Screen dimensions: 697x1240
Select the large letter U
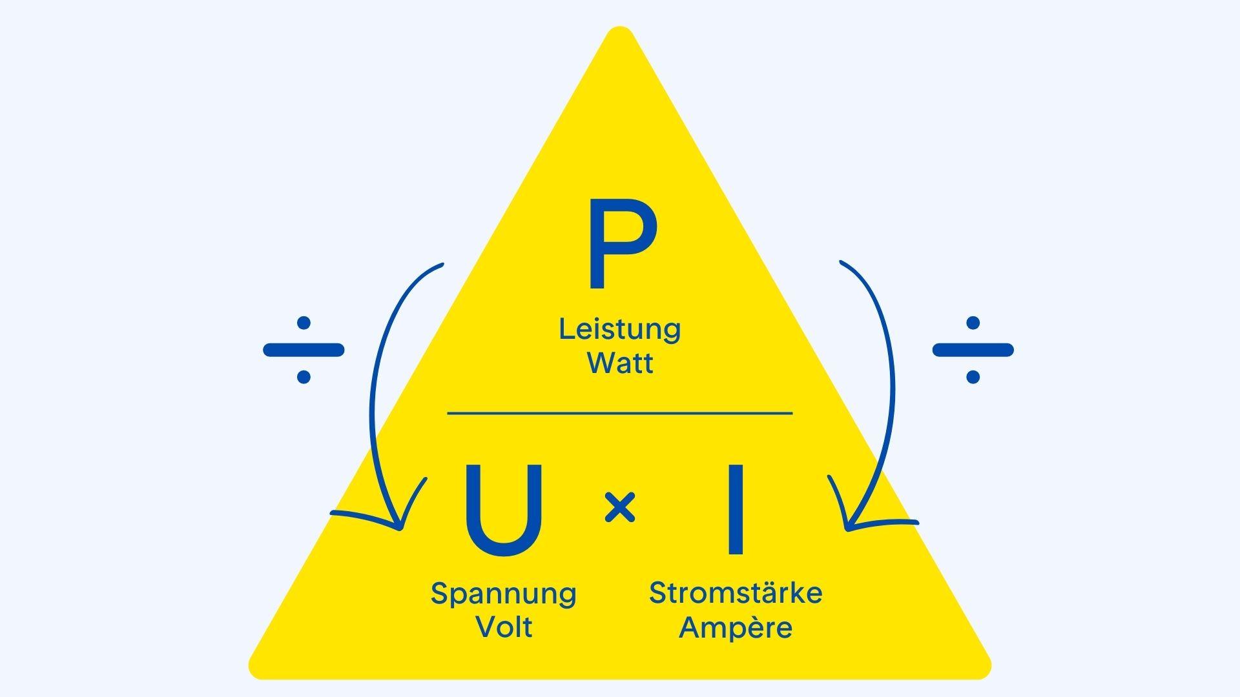coord(503,510)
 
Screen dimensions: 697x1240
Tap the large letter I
coord(735,510)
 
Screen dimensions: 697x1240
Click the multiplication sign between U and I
coord(620,507)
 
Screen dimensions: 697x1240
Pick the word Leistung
coord(620,329)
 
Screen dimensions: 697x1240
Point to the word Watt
coord(620,363)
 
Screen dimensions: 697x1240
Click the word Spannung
coord(503,594)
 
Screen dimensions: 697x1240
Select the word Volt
coord(504,627)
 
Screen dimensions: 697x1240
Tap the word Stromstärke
coord(736,593)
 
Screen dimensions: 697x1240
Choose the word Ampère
coord(736,627)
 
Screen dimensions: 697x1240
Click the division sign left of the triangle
coord(304,350)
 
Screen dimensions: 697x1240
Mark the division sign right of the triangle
coord(973,350)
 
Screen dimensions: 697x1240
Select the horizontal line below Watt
coord(620,413)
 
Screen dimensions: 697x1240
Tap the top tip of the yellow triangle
coord(620,31)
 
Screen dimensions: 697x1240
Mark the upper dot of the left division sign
coord(304,323)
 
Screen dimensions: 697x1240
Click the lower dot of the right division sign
coord(973,377)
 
